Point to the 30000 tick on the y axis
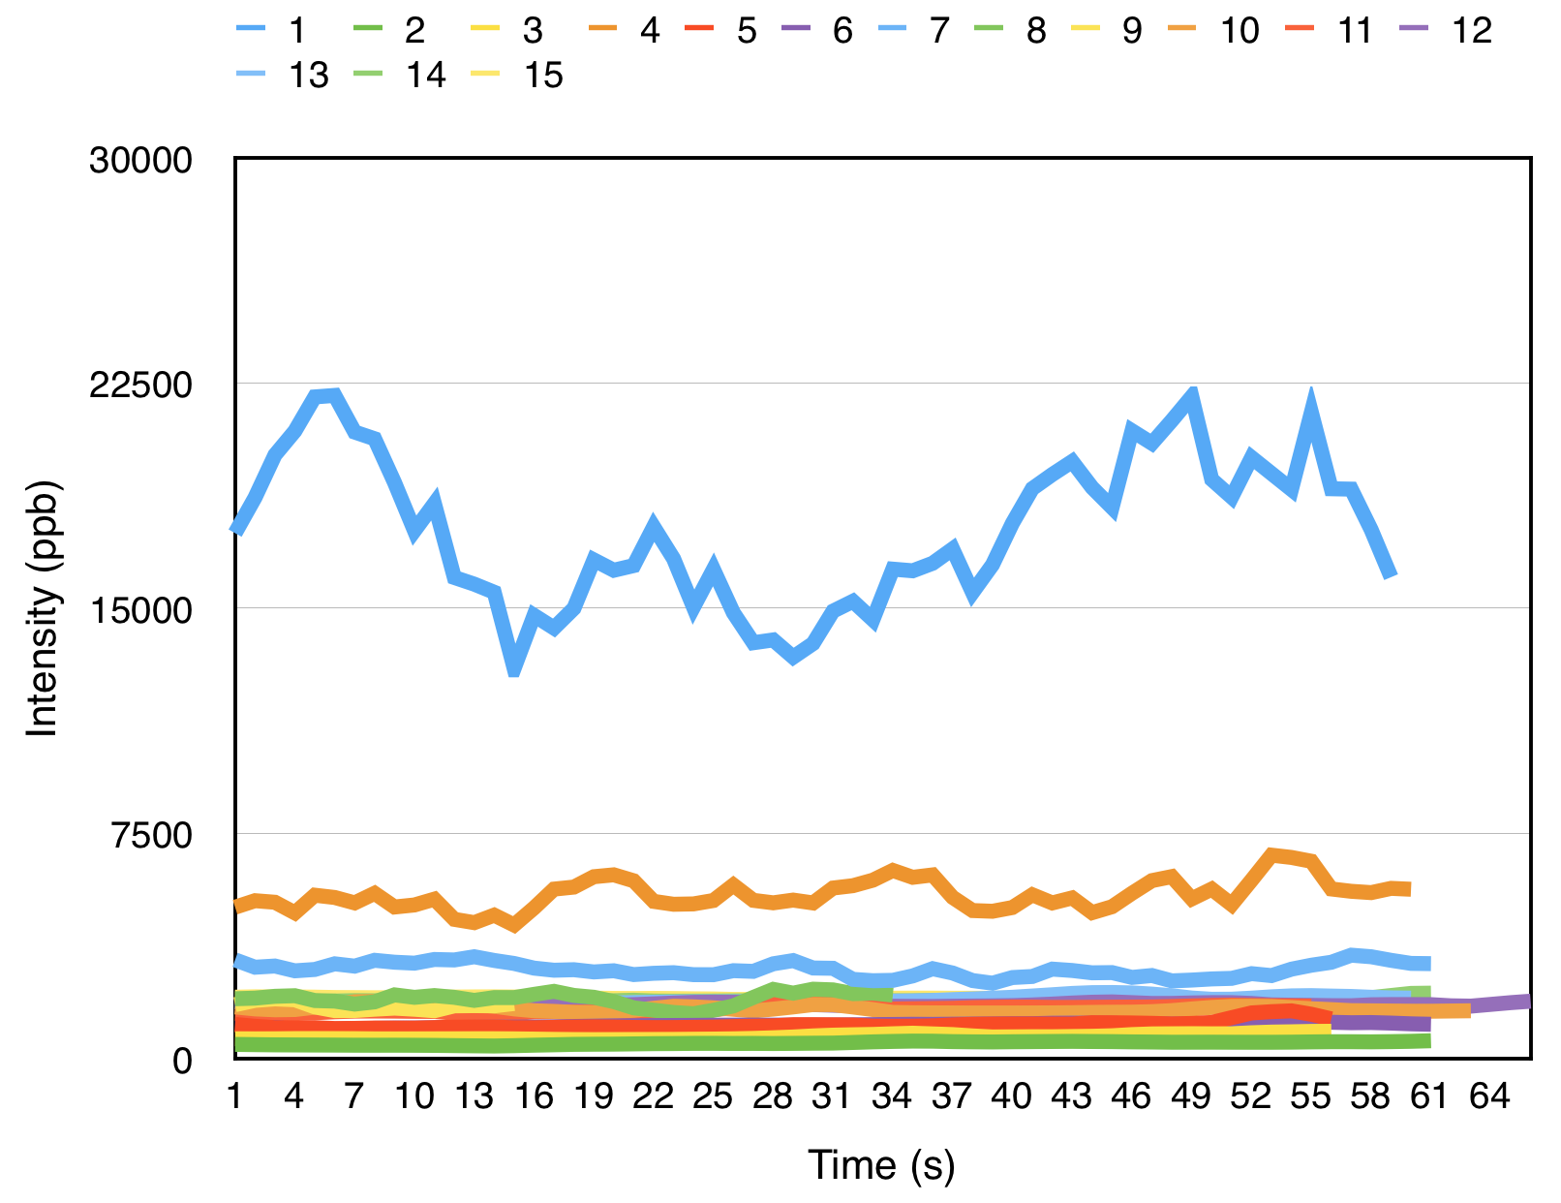pos(141,160)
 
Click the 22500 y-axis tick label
pos(141,385)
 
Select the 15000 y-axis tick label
pos(141,609)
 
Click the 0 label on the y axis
pos(183,1061)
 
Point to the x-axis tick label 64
pos(1489,1097)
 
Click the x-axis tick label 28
pos(773,1097)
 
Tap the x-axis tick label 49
pos(1191,1097)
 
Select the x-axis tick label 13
pos(474,1097)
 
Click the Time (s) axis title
pos(881,1164)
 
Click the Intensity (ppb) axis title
pos(43,608)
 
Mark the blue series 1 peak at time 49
pos(1193,390)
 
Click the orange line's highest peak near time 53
pos(1272,854)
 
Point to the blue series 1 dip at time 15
pos(514,669)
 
